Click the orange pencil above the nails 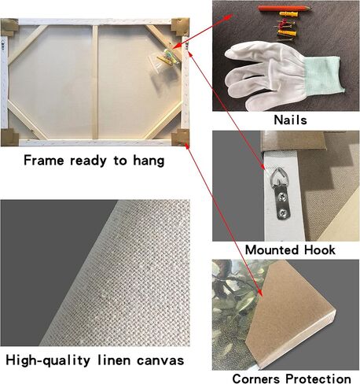pyautogui.click(x=284, y=8)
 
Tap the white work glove pyautogui.click(x=283, y=76)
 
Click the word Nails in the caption pyautogui.click(x=290, y=120)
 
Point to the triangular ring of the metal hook pyautogui.click(x=277, y=175)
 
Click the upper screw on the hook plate pyautogui.click(x=282, y=196)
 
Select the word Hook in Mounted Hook pyautogui.click(x=320, y=249)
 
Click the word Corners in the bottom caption pyautogui.click(x=256, y=378)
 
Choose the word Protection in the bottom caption pyautogui.click(x=318, y=378)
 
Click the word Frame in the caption pyautogui.click(x=44, y=160)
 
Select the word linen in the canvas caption pyautogui.click(x=114, y=360)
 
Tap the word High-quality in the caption pyautogui.click(x=48, y=360)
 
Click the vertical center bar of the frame pyautogui.click(x=94, y=82)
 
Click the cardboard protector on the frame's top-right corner pyautogui.click(x=180, y=27)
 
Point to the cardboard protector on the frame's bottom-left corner pyautogui.click(x=9, y=137)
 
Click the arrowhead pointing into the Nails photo pyautogui.click(x=230, y=17)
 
